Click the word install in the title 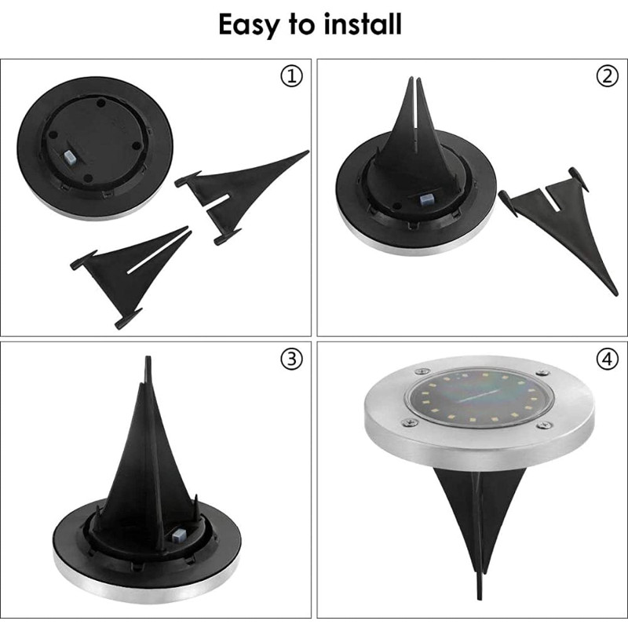363,24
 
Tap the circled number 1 291,76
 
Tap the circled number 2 607,76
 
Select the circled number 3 291,359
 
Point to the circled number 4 607,359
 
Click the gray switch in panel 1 70,158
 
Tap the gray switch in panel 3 178,535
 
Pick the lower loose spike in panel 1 130,272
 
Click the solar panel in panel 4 480,397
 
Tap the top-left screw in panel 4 421,371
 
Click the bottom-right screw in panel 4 543,425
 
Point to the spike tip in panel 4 480,598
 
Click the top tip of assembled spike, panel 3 148,357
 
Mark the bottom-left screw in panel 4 409,422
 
